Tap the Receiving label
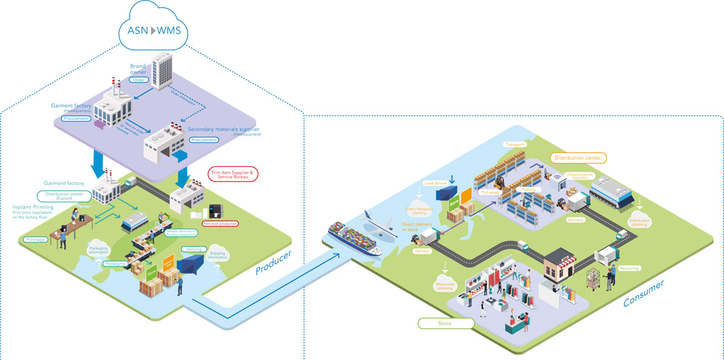[629, 268]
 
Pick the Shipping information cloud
[218, 253]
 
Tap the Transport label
[515, 145]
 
